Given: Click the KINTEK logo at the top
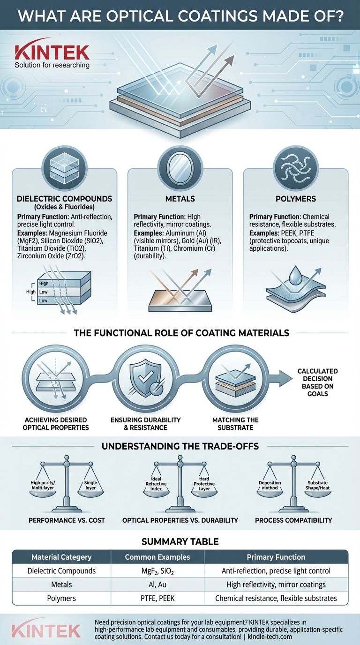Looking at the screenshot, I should pos(52,52).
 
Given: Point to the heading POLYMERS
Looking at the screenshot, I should pos(296,199).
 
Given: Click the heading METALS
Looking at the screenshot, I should pos(180,199).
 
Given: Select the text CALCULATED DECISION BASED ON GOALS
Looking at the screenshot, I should pos(317,382).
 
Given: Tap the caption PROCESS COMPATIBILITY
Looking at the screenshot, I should pos(293,520).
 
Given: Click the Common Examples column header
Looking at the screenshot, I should pos(157,557).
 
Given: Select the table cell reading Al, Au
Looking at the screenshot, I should pos(157,585).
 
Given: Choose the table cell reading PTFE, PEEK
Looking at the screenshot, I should pos(157,598).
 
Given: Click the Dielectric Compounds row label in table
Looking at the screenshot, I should pos(62,571).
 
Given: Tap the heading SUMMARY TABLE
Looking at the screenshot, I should pos(180,541).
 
